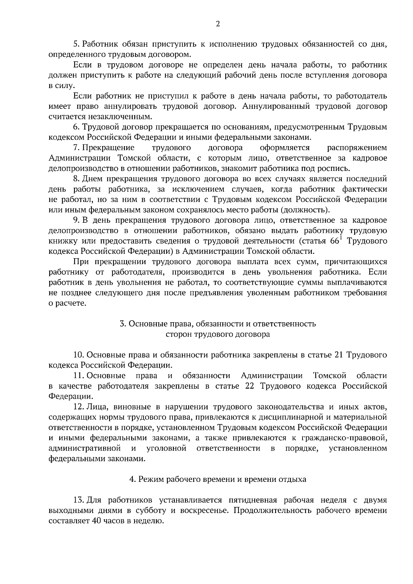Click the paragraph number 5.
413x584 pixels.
point(76,44)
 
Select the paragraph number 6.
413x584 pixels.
point(76,127)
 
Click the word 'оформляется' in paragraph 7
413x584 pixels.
point(285,148)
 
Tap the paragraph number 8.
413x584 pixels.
point(76,179)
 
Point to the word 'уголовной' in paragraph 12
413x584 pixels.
point(166,448)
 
